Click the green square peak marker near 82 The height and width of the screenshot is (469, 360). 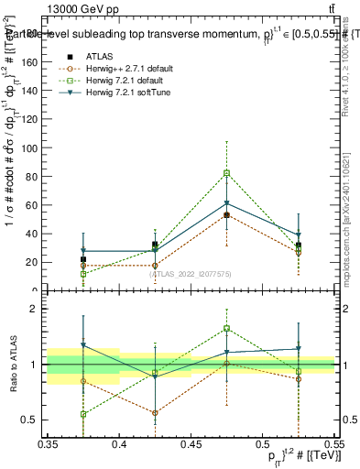[226, 173]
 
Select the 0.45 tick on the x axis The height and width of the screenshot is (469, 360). [191, 443]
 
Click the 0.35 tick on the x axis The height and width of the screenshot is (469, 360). [49, 443]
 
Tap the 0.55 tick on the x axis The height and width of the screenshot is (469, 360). [333, 443]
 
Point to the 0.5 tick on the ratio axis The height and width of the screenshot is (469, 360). [37, 420]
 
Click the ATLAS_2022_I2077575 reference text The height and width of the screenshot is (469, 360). [191, 274]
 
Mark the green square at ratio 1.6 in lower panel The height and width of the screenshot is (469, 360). [226, 328]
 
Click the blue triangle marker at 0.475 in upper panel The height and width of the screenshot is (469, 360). [226, 203]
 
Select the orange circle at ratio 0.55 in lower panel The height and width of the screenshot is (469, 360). [156, 413]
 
